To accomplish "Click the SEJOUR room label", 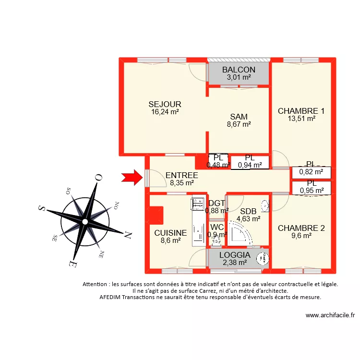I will pos(165,104).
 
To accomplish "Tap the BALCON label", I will pos(239,70).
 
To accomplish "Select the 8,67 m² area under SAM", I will pos(239,124).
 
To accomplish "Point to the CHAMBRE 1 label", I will pos(301,111).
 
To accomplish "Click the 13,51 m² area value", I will pos(301,119).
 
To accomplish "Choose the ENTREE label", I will pos(181,175).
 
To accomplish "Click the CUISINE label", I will pos(170,233).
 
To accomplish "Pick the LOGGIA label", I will pos(235,255).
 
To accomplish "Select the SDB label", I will pos(248,211).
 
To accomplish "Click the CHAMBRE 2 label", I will pos(301,228).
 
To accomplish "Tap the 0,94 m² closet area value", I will pos(250,165).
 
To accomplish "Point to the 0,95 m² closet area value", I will pos(312,191).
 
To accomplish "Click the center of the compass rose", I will pos(85,221).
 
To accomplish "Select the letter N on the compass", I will pos(128,235).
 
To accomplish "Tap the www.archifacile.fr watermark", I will pos(330,315).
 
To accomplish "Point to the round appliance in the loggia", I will pos(262,259).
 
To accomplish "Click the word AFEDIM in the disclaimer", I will pos(112,297).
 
